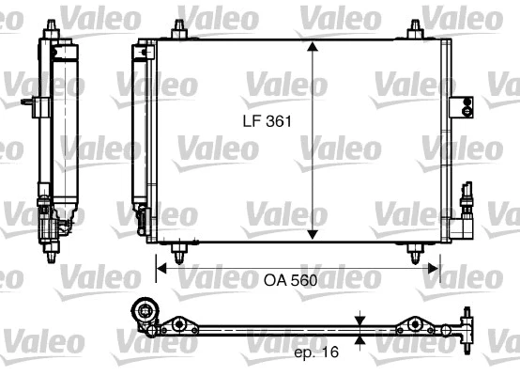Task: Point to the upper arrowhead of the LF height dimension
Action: (312, 47)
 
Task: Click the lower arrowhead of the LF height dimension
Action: (312, 235)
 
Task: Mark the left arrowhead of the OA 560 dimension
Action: (161, 268)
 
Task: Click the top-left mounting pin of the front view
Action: (176, 30)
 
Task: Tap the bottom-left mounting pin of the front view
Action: (177, 251)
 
